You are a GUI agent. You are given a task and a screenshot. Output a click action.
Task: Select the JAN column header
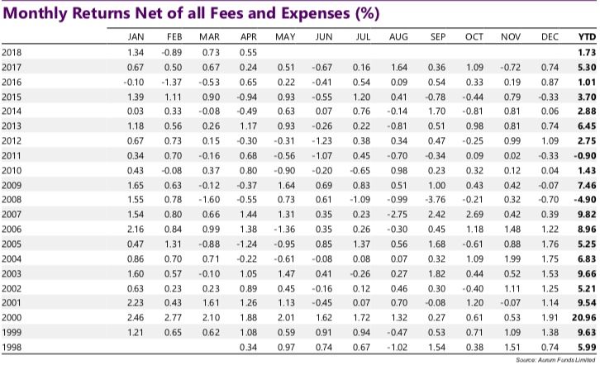pyautogui.click(x=137, y=38)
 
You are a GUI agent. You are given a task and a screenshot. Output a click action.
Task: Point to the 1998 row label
pyautogui.click(x=13, y=348)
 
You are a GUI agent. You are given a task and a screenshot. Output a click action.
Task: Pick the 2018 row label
pyautogui.click(x=13, y=53)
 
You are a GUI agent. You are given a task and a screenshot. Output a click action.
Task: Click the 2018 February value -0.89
pyautogui.click(x=173, y=53)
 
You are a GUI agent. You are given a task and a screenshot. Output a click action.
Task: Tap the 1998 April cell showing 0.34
pyautogui.click(x=249, y=348)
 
